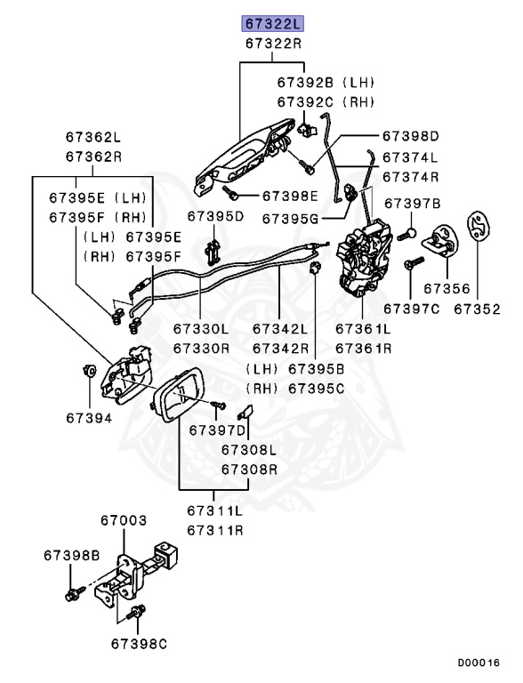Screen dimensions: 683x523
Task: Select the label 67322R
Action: pos(274,43)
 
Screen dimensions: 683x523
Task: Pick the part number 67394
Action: pos(88,416)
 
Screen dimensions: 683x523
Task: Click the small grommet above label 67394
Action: pos(90,369)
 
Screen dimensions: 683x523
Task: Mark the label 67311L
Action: pos(214,511)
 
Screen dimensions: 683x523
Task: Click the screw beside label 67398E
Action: pos(230,191)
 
